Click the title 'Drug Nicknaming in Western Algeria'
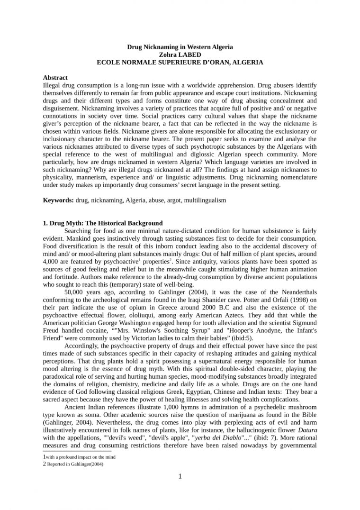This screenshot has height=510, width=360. tap(180, 47)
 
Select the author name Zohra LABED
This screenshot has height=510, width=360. tap(180, 55)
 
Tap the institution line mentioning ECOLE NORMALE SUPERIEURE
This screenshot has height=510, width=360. tap(180, 62)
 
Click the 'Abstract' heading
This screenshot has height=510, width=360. tap(55, 77)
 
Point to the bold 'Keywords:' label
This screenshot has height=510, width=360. tap(58, 200)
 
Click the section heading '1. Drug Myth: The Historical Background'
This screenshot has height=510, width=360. tap(102, 223)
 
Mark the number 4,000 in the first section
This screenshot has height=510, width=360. tap(51, 262)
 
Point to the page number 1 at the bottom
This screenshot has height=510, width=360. tap(180, 476)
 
